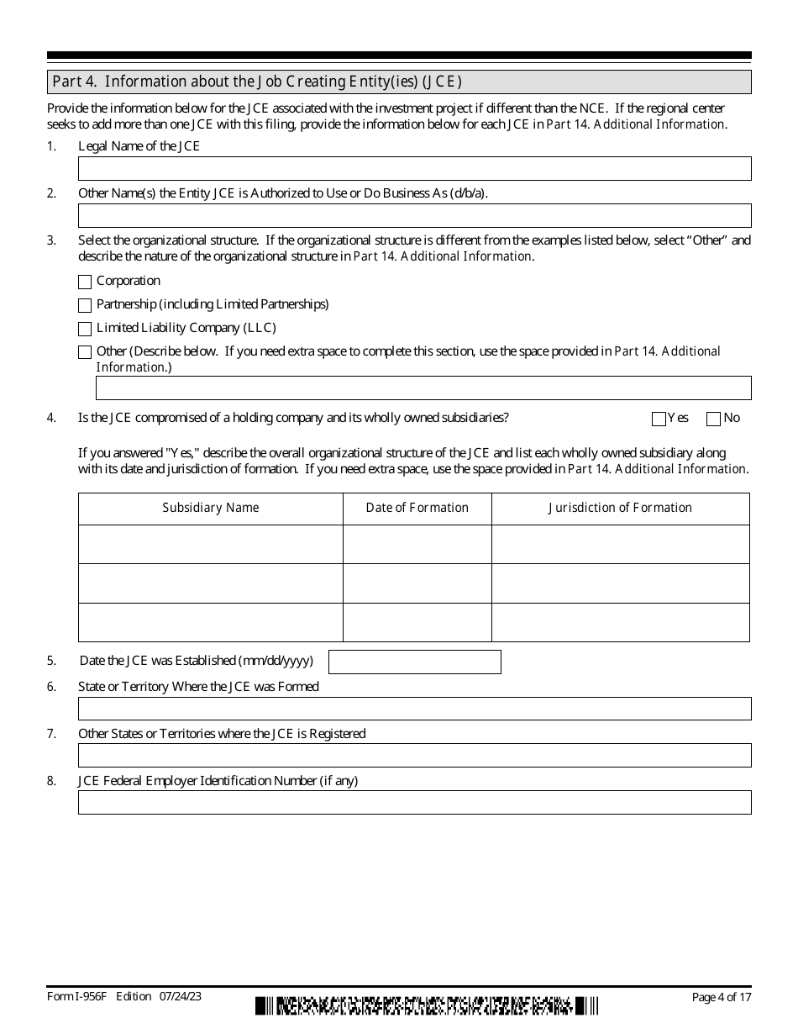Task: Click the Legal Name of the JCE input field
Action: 414,169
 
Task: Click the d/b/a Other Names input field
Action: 414,216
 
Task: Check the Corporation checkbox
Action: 85,282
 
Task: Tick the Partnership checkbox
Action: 85,306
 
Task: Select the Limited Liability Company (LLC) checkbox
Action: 85,330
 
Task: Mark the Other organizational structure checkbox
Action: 85,353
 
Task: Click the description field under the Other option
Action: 423,388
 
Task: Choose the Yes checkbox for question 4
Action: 659,419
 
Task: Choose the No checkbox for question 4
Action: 714,419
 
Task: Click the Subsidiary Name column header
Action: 211,508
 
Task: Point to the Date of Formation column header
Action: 417,508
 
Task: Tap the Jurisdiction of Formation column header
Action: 620,508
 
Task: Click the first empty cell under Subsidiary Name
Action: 211,544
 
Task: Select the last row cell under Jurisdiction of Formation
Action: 620,622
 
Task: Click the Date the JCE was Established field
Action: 414,662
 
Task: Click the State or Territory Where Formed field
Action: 414,709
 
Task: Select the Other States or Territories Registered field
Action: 414,756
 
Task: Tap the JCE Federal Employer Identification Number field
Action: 414,803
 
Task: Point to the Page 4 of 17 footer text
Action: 721,998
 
